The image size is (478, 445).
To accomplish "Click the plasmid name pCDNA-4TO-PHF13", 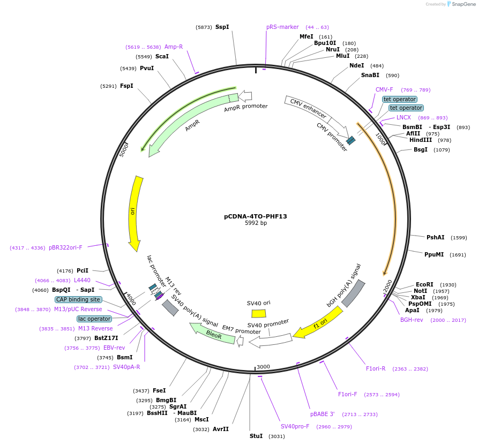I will click(x=256, y=216).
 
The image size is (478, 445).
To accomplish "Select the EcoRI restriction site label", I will click(x=424, y=284).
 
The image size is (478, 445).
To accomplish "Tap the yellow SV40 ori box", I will click(x=259, y=313).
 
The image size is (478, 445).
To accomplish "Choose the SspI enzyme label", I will click(x=222, y=27).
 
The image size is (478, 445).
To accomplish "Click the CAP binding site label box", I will click(x=78, y=300).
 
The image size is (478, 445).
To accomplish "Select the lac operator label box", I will click(x=94, y=319).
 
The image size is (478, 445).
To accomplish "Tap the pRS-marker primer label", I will click(x=282, y=27).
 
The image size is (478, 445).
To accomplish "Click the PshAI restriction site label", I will click(x=435, y=237).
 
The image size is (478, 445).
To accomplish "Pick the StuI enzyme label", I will click(x=256, y=436).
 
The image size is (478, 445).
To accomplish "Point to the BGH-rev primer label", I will click(x=412, y=320).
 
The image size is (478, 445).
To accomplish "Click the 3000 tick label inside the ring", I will click(x=263, y=366).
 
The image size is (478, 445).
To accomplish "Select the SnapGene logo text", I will click(x=464, y=4).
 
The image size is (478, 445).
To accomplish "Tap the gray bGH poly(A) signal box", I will click(x=353, y=294).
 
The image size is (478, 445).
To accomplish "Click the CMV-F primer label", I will click(x=384, y=89).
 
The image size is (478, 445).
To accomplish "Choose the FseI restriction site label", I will click(x=159, y=390).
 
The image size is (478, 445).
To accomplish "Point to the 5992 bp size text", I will click(x=256, y=223).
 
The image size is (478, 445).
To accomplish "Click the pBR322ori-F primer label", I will click(x=65, y=247).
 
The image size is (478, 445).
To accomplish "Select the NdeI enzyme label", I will click(x=356, y=65).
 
